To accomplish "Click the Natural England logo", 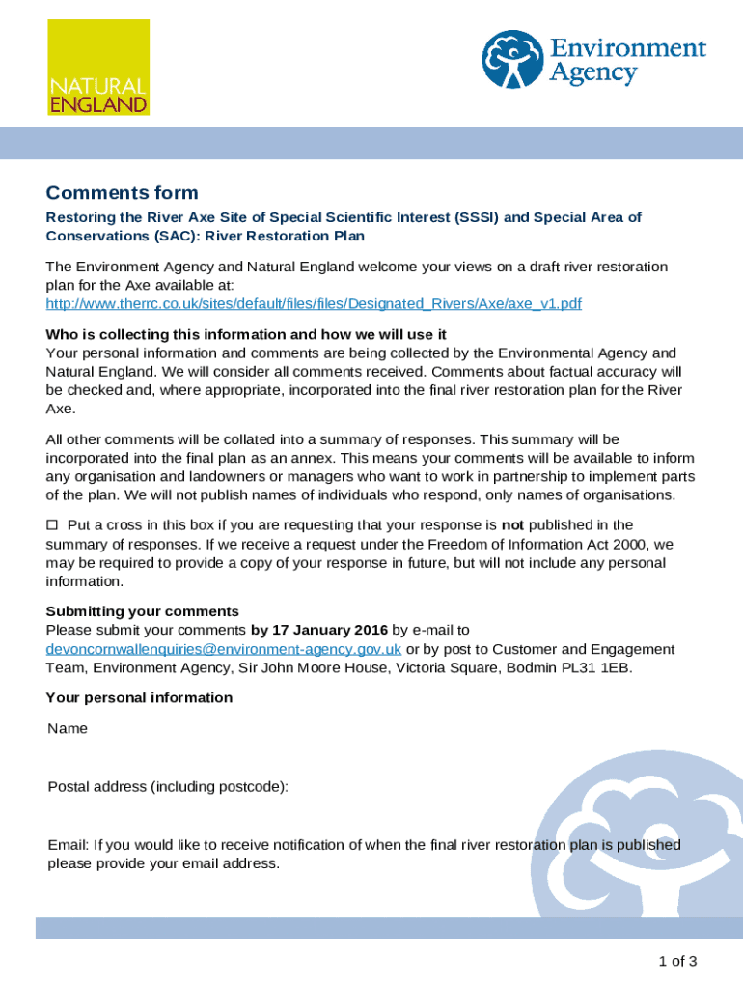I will click(x=97, y=67).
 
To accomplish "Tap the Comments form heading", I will click(x=123, y=193).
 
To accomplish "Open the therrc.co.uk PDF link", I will click(x=314, y=304).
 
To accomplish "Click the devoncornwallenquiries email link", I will click(x=224, y=649).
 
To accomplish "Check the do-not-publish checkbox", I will click(x=53, y=524).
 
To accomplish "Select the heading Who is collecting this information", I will click(x=246, y=334).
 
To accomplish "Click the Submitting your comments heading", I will click(x=143, y=611).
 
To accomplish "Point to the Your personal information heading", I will click(x=140, y=697).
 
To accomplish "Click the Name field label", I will click(x=68, y=728).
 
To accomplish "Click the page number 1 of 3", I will click(x=677, y=961).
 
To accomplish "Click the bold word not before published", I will click(x=512, y=524).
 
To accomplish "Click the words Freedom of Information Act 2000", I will click(x=554, y=544).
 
